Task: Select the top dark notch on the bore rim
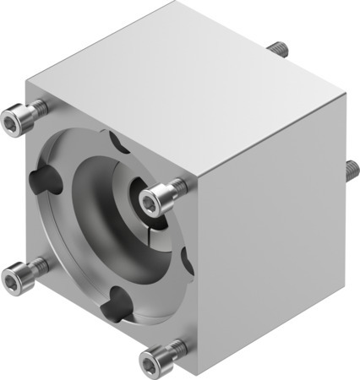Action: (117, 138)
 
